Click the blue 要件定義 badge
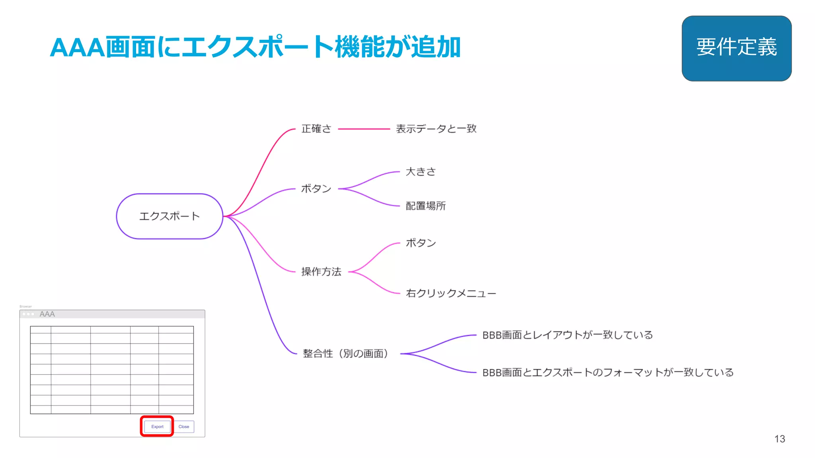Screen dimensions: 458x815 (736, 48)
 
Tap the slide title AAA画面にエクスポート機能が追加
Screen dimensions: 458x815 (255, 47)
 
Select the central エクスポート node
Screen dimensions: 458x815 (170, 216)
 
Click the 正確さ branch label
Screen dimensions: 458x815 (316, 129)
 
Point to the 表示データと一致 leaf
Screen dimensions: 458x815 (436, 129)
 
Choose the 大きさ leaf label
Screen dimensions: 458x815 (421, 172)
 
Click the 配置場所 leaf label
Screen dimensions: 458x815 (425, 206)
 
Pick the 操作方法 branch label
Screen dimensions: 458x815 (321, 272)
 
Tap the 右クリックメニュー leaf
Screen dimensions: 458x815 (451, 293)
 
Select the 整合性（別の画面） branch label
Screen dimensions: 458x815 (345, 353)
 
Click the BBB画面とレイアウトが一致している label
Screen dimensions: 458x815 (567, 335)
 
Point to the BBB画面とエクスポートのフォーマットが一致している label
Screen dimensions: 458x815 (608, 373)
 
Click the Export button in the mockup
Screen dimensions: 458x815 (157, 427)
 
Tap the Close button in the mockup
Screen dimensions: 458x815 (184, 427)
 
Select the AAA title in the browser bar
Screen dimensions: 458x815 (47, 314)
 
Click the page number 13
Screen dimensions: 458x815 (780, 439)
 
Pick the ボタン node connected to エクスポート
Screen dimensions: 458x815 (316, 188)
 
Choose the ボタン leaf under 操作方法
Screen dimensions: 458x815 (421, 243)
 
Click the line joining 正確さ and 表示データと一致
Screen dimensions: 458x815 (364, 129)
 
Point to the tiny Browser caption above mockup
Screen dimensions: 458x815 (25, 307)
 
